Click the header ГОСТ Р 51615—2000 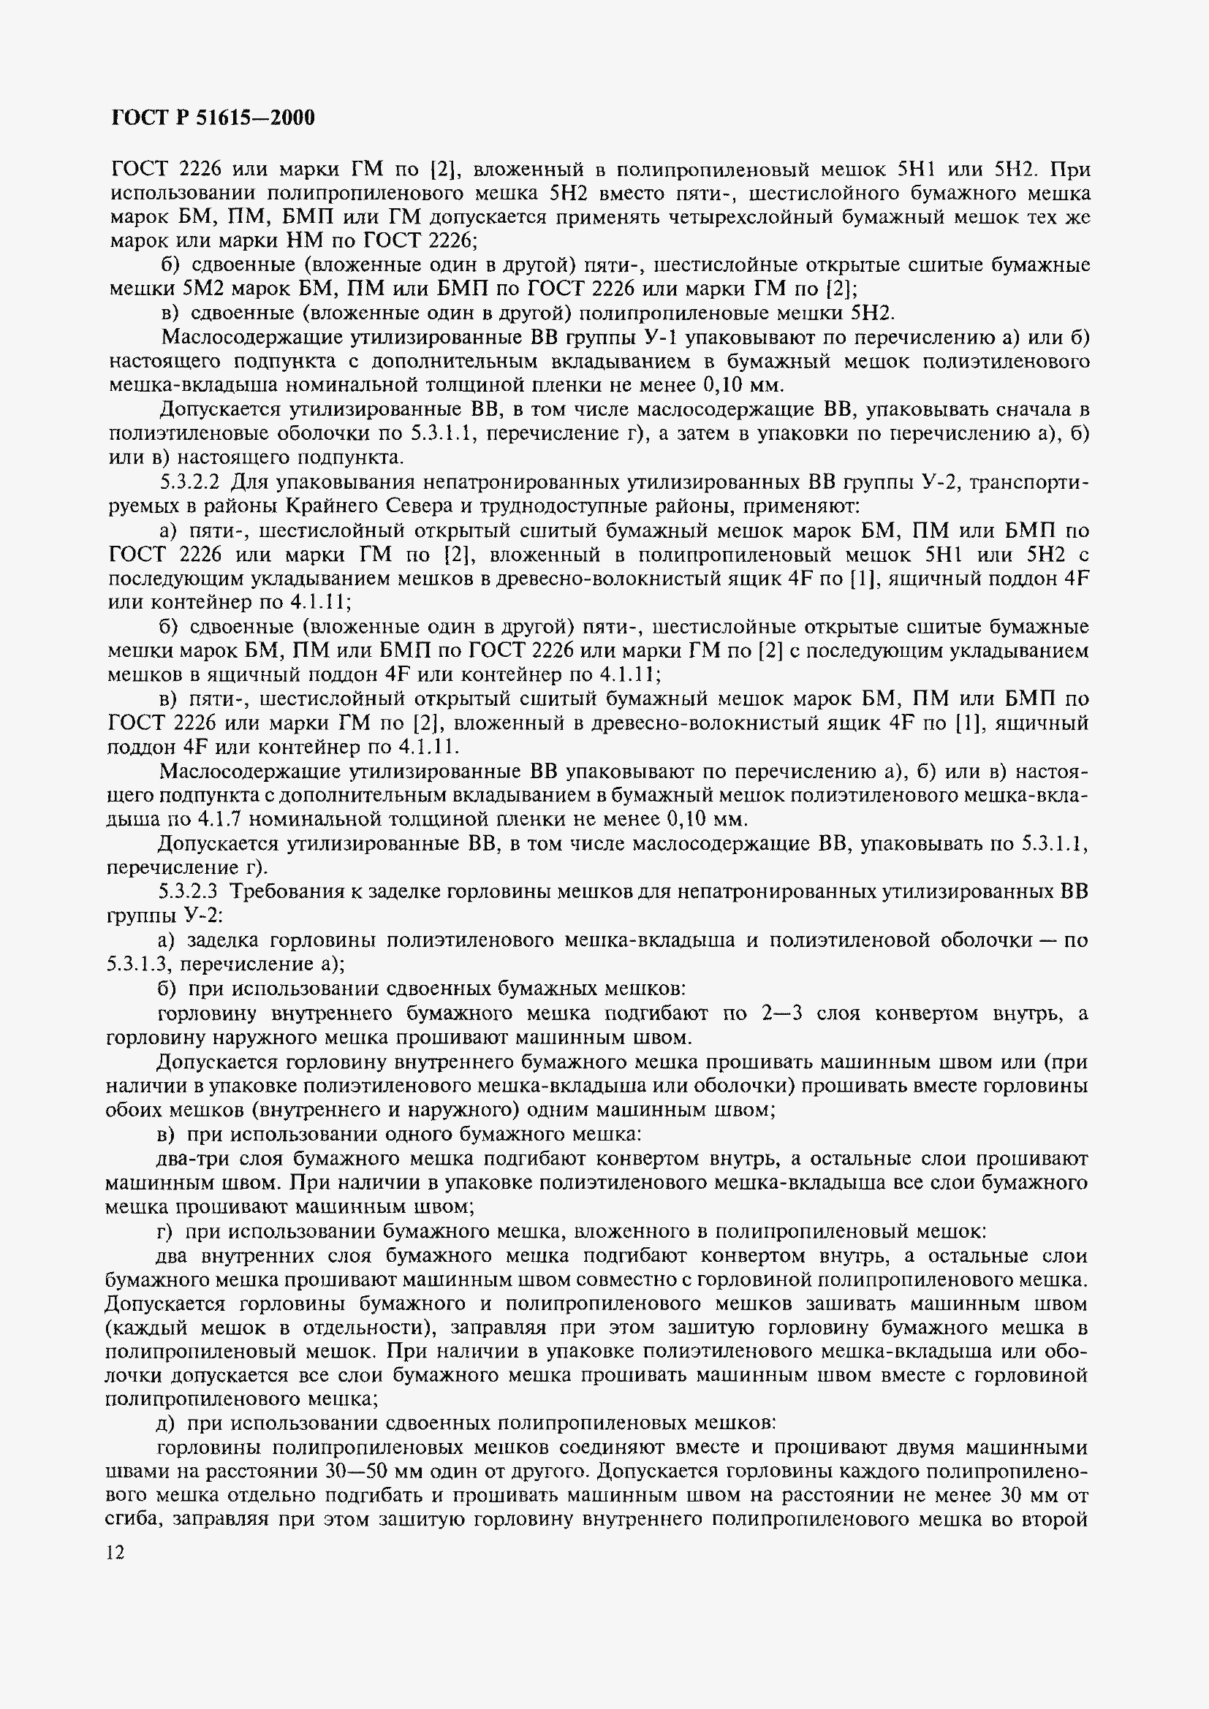(213, 118)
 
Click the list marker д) (167, 1423)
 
